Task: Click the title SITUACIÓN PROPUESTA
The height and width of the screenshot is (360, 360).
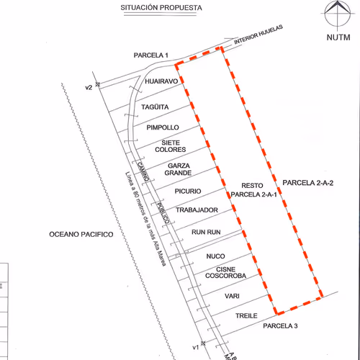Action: point(161,8)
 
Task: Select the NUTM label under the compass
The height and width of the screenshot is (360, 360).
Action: point(338,37)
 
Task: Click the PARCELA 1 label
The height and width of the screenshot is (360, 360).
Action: point(150,55)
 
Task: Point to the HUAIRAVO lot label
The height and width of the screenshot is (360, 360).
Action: point(161,81)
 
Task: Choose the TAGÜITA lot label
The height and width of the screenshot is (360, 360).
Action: point(155,107)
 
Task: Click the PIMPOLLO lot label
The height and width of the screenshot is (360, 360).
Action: point(163,127)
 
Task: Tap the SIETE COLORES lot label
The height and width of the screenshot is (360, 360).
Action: point(171,146)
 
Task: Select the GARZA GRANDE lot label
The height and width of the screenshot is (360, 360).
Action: point(178,169)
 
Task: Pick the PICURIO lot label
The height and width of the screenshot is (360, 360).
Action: point(188,192)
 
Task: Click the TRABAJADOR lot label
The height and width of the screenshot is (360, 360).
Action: point(197,210)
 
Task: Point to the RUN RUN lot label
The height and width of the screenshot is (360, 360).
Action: point(206,232)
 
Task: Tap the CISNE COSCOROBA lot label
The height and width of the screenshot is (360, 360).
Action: point(225,272)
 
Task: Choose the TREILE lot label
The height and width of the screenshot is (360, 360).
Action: point(246,315)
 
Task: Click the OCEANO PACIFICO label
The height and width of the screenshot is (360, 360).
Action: point(81,234)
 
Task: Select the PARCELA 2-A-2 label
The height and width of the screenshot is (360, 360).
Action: point(308,183)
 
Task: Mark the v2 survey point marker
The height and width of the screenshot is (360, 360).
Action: point(97,84)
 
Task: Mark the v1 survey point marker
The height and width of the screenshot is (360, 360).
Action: point(203,343)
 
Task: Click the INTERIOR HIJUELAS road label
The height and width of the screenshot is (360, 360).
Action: point(258,35)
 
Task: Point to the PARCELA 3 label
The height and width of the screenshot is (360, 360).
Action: point(280,326)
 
